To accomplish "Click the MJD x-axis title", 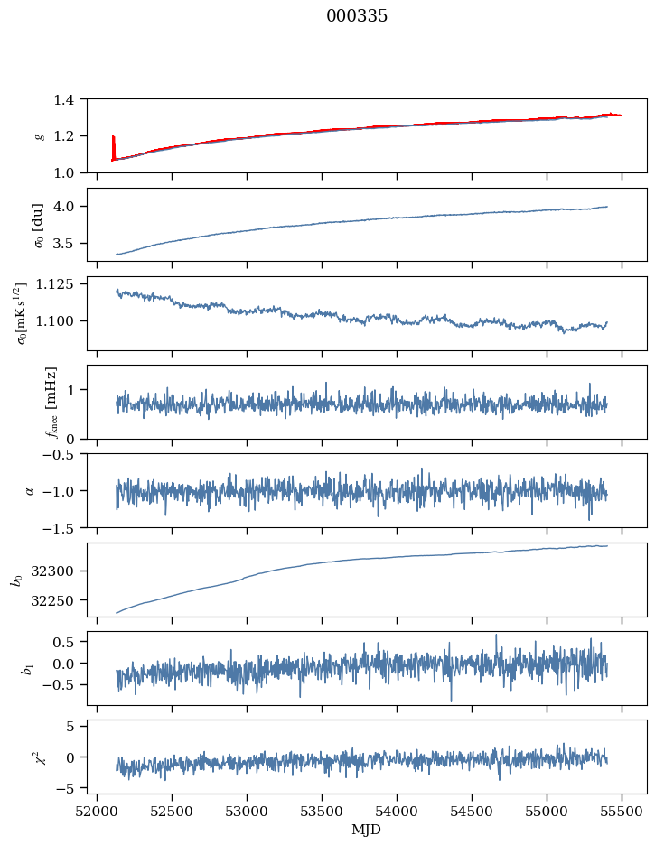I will point(366,830).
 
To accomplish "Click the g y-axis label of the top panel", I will point(39,135).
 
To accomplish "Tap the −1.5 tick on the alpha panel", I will point(62,527).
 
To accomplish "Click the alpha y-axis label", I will point(30,490).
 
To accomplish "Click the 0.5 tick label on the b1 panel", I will point(68,642).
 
